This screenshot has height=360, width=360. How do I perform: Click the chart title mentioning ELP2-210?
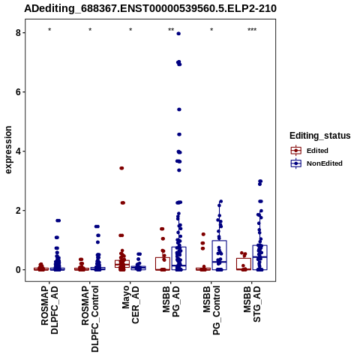(x=150, y=8)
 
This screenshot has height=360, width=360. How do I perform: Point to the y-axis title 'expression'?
(x=8, y=150)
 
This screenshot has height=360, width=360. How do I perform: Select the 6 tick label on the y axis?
(x=18, y=92)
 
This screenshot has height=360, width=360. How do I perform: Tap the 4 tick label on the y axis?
(x=18, y=151)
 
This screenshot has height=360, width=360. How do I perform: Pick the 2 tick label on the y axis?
(x=18, y=211)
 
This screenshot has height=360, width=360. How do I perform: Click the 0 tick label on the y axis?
(x=18, y=270)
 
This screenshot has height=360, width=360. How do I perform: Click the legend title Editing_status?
(x=320, y=136)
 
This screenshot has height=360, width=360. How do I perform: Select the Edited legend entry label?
(x=317, y=151)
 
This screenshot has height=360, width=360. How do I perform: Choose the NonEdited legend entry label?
(x=325, y=163)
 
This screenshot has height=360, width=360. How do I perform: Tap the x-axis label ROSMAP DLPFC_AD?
(x=49, y=310)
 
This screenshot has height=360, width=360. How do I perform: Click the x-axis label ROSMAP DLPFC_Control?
(x=90, y=319)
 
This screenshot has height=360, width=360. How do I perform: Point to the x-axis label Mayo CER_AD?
(x=130, y=304)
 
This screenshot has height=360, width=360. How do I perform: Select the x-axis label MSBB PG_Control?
(x=211, y=310)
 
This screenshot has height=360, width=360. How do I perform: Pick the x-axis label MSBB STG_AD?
(x=252, y=304)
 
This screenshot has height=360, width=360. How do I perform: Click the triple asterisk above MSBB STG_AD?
(x=252, y=30)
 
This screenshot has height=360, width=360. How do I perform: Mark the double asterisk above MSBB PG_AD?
(x=171, y=30)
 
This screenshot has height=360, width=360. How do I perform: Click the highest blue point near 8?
(x=178, y=34)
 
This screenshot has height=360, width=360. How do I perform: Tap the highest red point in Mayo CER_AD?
(x=121, y=168)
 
